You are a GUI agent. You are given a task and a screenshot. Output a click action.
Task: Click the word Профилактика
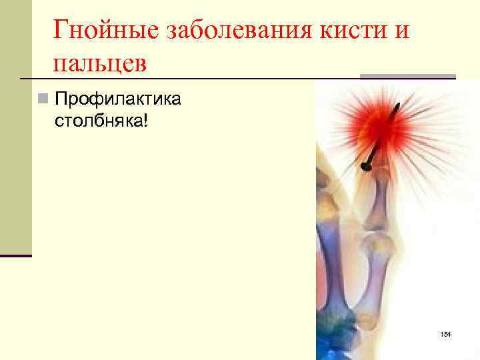117,99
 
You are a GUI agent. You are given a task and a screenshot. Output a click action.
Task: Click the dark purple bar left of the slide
15,255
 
